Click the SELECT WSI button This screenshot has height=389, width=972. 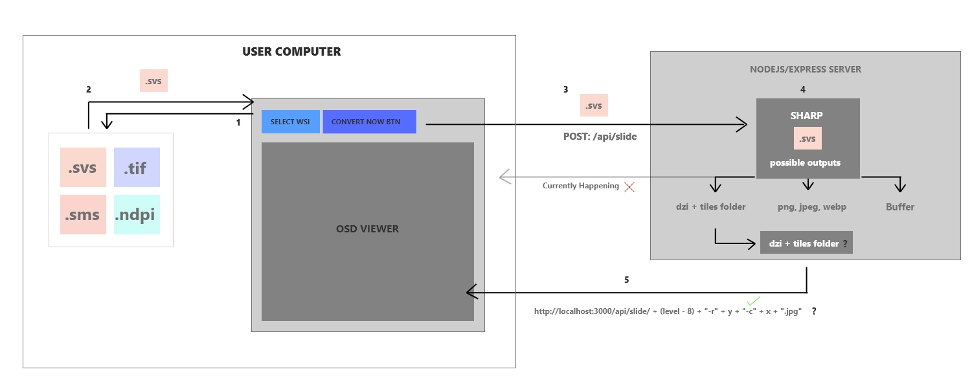tap(290, 122)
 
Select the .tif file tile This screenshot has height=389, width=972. tap(137, 168)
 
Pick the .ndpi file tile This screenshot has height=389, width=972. tap(137, 215)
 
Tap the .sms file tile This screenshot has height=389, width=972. tap(83, 215)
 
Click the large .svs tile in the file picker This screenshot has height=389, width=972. tap(83, 168)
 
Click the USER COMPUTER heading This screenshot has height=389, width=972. tap(291, 52)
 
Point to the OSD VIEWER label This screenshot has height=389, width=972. tap(367, 229)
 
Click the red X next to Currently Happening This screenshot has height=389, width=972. tap(628, 186)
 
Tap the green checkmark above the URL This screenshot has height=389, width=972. tap(753, 301)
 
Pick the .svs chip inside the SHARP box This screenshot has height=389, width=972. tap(808, 139)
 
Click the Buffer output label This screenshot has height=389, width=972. tap(900, 207)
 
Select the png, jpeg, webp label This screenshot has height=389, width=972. tap(812, 207)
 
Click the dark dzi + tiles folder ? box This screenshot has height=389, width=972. tap(806, 243)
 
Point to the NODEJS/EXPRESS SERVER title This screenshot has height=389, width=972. tap(806, 69)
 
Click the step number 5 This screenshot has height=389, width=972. tap(626, 280)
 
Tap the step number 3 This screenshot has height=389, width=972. tap(565, 90)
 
